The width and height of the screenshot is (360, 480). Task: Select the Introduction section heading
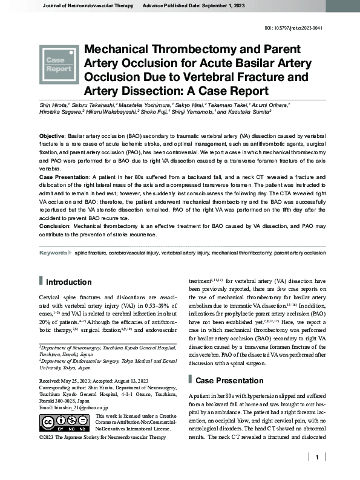(68, 282)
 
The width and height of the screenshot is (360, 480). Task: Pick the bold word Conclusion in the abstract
(55, 225)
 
